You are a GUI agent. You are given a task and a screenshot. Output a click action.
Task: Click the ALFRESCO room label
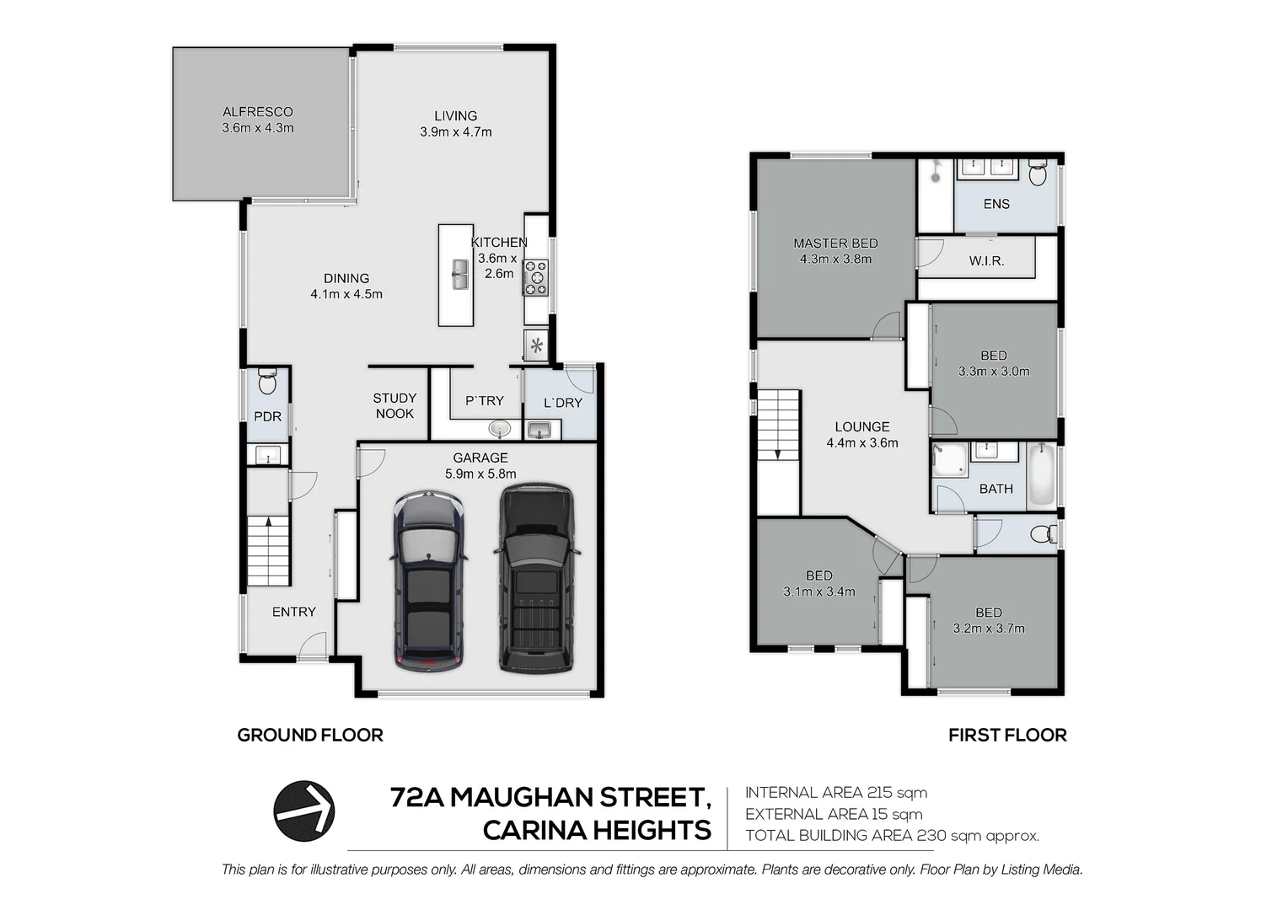pyautogui.click(x=258, y=120)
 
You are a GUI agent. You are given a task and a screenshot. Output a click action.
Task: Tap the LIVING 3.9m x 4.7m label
pyautogui.click(x=455, y=124)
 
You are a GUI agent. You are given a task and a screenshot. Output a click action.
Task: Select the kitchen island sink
pyautogui.click(x=459, y=274)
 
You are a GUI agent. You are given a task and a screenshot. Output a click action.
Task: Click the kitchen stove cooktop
pyautogui.click(x=536, y=278)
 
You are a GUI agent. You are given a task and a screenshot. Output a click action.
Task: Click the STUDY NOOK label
pyautogui.click(x=394, y=405)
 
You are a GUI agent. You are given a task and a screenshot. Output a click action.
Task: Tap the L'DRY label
pyautogui.click(x=562, y=403)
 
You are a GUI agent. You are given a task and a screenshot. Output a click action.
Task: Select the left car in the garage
pyautogui.click(x=428, y=581)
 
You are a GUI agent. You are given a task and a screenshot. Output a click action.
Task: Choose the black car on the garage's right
pyautogui.click(x=536, y=578)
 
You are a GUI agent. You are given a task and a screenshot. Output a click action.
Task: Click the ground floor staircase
pyautogui.click(x=268, y=551)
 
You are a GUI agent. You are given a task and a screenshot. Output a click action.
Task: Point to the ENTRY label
pyautogui.click(x=293, y=612)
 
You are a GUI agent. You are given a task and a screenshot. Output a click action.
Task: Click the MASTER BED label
pyautogui.click(x=835, y=251)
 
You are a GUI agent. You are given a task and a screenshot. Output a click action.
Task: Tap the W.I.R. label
pyautogui.click(x=986, y=261)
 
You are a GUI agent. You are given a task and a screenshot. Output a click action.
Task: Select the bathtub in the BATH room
pyautogui.click(x=1042, y=474)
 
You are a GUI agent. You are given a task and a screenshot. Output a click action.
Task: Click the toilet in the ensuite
pyautogui.click(x=1038, y=174)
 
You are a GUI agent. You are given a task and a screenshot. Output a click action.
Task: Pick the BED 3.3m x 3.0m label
pyautogui.click(x=994, y=363)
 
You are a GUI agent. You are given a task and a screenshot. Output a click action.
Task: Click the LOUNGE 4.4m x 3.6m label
pyautogui.click(x=861, y=434)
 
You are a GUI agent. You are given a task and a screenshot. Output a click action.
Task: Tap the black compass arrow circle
pyautogui.click(x=304, y=811)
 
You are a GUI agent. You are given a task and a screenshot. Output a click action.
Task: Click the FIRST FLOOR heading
pyautogui.click(x=1007, y=735)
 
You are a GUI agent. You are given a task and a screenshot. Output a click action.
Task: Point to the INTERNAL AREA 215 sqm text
pyautogui.click(x=835, y=792)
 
